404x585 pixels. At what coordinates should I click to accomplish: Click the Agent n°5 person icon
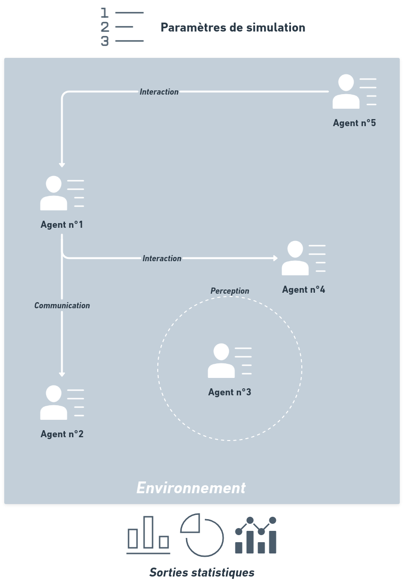tap(346, 92)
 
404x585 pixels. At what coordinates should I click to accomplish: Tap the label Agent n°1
tap(62, 225)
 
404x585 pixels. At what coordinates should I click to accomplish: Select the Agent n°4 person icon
tap(295, 258)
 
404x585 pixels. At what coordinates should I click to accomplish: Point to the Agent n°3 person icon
tap(221, 361)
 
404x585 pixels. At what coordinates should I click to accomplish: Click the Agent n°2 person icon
tap(54, 403)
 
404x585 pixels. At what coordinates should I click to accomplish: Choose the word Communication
tap(62, 305)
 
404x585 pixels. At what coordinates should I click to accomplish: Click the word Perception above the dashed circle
tap(230, 291)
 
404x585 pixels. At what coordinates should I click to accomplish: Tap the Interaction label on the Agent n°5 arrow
tap(159, 92)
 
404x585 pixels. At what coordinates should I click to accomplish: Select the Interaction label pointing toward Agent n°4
tap(162, 258)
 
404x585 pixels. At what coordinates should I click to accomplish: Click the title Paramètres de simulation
tap(233, 27)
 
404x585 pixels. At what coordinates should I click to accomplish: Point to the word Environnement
tap(191, 488)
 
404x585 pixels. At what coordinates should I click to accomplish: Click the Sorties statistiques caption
tap(202, 572)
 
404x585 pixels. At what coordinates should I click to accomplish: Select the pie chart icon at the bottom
tap(202, 535)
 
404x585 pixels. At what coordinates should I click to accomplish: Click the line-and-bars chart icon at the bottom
tap(256, 535)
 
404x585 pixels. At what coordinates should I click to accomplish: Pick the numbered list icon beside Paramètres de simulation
tap(122, 27)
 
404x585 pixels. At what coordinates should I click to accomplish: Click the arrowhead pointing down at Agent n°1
tap(62, 165)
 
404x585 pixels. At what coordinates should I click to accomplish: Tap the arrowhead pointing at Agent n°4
tap(275, 258)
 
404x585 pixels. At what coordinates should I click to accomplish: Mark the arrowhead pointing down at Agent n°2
tap(62, 374)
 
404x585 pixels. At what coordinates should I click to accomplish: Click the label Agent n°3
tap(230, 392)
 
